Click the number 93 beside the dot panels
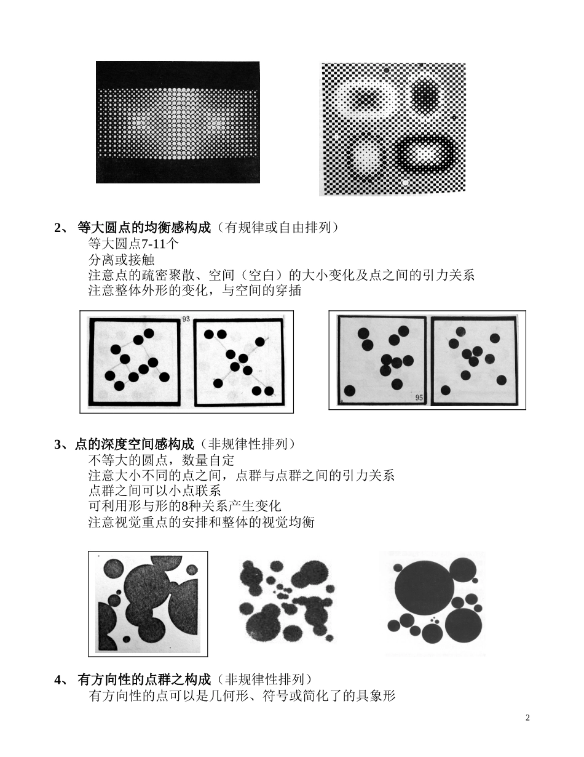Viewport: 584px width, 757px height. point(185,319)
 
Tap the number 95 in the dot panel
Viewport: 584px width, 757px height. point(419,398)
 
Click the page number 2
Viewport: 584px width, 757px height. point(527,718)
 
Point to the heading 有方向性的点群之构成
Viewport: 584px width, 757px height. point(144,679)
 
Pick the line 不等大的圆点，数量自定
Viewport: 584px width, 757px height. point(161,460)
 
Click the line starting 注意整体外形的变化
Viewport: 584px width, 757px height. point(195,290)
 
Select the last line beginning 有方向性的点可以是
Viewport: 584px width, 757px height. point(242,695)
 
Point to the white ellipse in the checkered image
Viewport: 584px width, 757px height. point(365,98)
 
